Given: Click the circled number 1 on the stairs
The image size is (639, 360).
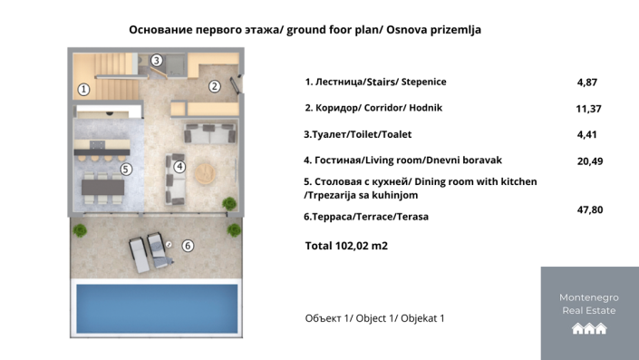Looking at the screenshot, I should pos(83,89).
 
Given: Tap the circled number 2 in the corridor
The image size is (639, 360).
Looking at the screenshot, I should pos(215,87).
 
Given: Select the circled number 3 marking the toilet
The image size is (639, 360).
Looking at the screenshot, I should pos(157,61).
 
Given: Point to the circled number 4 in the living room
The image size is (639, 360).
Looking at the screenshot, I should pos(179,167).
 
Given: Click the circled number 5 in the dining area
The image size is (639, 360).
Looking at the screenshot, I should pos(126,169).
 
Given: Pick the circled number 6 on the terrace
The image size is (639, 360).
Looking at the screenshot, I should pos(188,245).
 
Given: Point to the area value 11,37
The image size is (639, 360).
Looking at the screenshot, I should pos(590,109).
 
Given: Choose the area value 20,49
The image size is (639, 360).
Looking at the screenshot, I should pos(590,161).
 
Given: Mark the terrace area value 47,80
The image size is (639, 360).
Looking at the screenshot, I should pos(590,209).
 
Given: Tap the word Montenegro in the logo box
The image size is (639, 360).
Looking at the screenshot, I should pos(589,297).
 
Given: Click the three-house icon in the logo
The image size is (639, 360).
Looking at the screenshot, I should pos(589,329).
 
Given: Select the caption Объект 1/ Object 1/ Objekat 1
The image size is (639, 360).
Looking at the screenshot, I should pos(374,318).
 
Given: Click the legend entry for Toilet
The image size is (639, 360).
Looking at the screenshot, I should pos(358,134).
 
